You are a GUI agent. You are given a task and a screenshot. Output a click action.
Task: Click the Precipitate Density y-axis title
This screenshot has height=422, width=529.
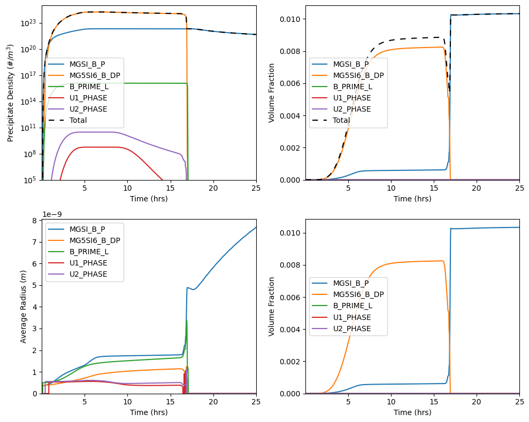[x=10, y=93]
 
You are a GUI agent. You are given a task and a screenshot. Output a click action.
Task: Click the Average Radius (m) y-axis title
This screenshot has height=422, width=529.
[x=23, y=307]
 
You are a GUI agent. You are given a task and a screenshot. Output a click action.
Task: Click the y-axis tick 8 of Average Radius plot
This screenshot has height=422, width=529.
[x=34, y=221]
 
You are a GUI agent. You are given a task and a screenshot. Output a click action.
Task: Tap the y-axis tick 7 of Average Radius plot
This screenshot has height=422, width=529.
[x=34, y=242]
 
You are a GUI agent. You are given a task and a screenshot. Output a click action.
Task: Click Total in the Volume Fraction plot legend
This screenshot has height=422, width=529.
[x=341, y=121]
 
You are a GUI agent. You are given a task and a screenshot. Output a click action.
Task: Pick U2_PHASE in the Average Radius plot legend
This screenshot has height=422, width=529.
[x=88, y=275]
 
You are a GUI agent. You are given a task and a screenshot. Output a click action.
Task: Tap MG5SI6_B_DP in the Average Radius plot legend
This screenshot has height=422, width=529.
[x=94, y=240]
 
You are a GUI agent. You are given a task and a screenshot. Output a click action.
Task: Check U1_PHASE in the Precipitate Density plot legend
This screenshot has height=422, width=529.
[x=88, y=98]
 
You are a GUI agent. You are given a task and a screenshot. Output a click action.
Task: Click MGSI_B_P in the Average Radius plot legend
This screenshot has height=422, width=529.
[x=87, y=229]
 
